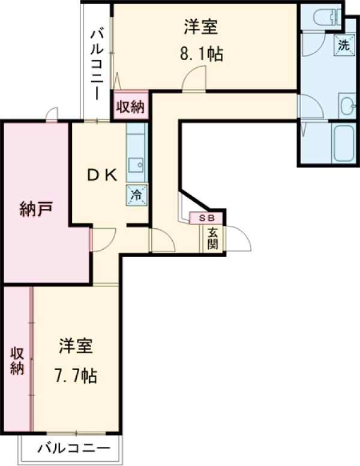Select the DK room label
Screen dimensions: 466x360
(102, 175)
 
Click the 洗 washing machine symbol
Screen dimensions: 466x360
(343, 44)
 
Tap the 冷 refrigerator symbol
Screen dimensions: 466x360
(136, 195)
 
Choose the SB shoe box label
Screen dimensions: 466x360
(206, 217)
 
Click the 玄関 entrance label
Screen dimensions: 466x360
(213, 238)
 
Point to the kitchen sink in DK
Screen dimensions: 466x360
(136, 163)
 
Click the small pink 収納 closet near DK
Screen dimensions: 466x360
(130, 107)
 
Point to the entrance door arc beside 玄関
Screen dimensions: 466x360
(238, 238)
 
